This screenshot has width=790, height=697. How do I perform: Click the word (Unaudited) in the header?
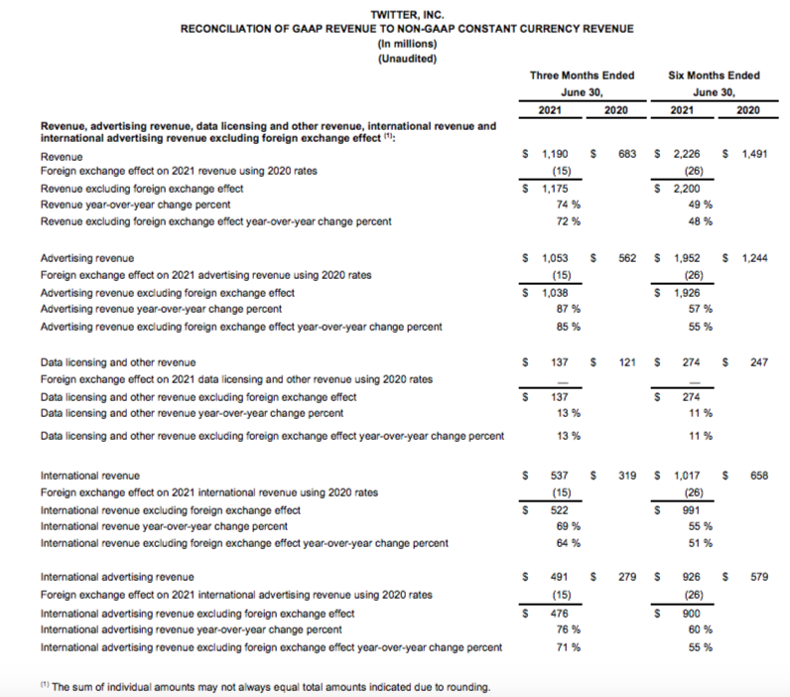click(407, 60)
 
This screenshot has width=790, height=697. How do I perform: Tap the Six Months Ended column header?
click(715, 75)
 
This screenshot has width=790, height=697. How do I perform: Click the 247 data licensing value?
click(760, 363)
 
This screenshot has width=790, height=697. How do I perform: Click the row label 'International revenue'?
click(89, 477)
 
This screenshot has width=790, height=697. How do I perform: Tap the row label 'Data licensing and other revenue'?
click(117, 363)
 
